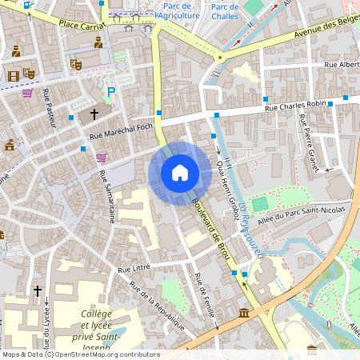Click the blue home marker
[179, 172]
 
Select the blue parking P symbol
[111, 92]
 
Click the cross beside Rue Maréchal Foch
[94, 115]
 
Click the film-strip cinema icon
[13, 76]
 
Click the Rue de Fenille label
[206, 298]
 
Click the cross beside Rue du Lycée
[37, 291]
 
